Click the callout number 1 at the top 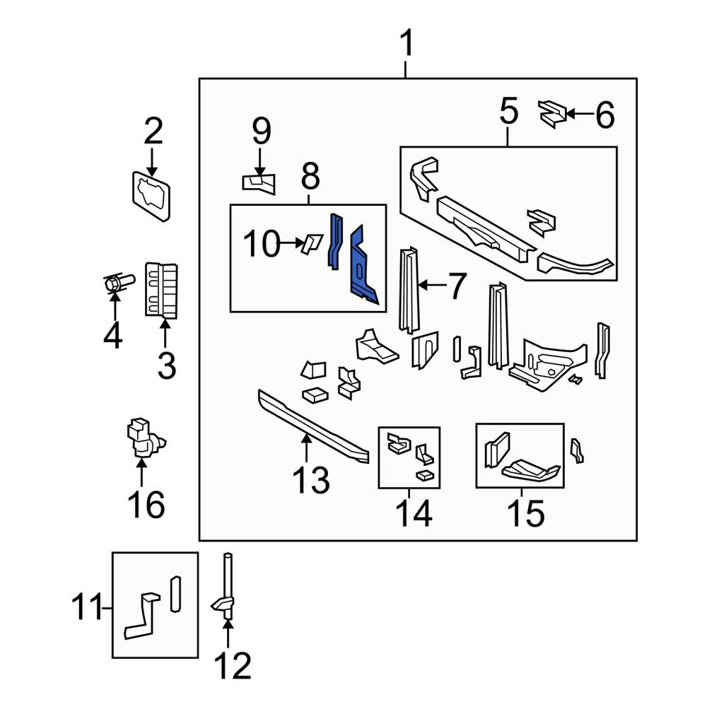point(407,43)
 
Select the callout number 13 point(311,479)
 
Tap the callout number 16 point(146,504)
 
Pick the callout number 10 point(262,243)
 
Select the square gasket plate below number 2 point(151,196)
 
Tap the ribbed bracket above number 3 point(161,291)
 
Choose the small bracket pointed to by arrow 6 point(552,114)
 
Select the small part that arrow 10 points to point(312,243)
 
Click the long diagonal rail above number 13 point(313,426)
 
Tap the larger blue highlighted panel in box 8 point(363,266)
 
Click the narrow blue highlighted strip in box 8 point(335,241)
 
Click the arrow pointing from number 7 point(432,285)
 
